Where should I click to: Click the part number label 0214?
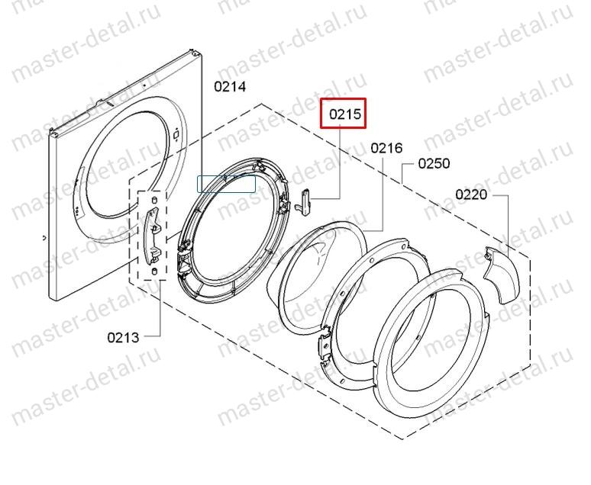pyautogui.click(x=230, y=87)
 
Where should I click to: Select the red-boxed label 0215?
pyautogui.click(x=344, y=114)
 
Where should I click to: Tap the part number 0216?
pyautogui.click(x=386, y=148)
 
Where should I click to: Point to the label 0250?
pyautogui.click(x=434, y=163)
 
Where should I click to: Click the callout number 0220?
pyautogui.click(x=471, y=194)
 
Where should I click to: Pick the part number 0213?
pyautogui.click(x=123, y=337)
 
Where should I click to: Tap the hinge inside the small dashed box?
pyautogui.click(x=153, y=236)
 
